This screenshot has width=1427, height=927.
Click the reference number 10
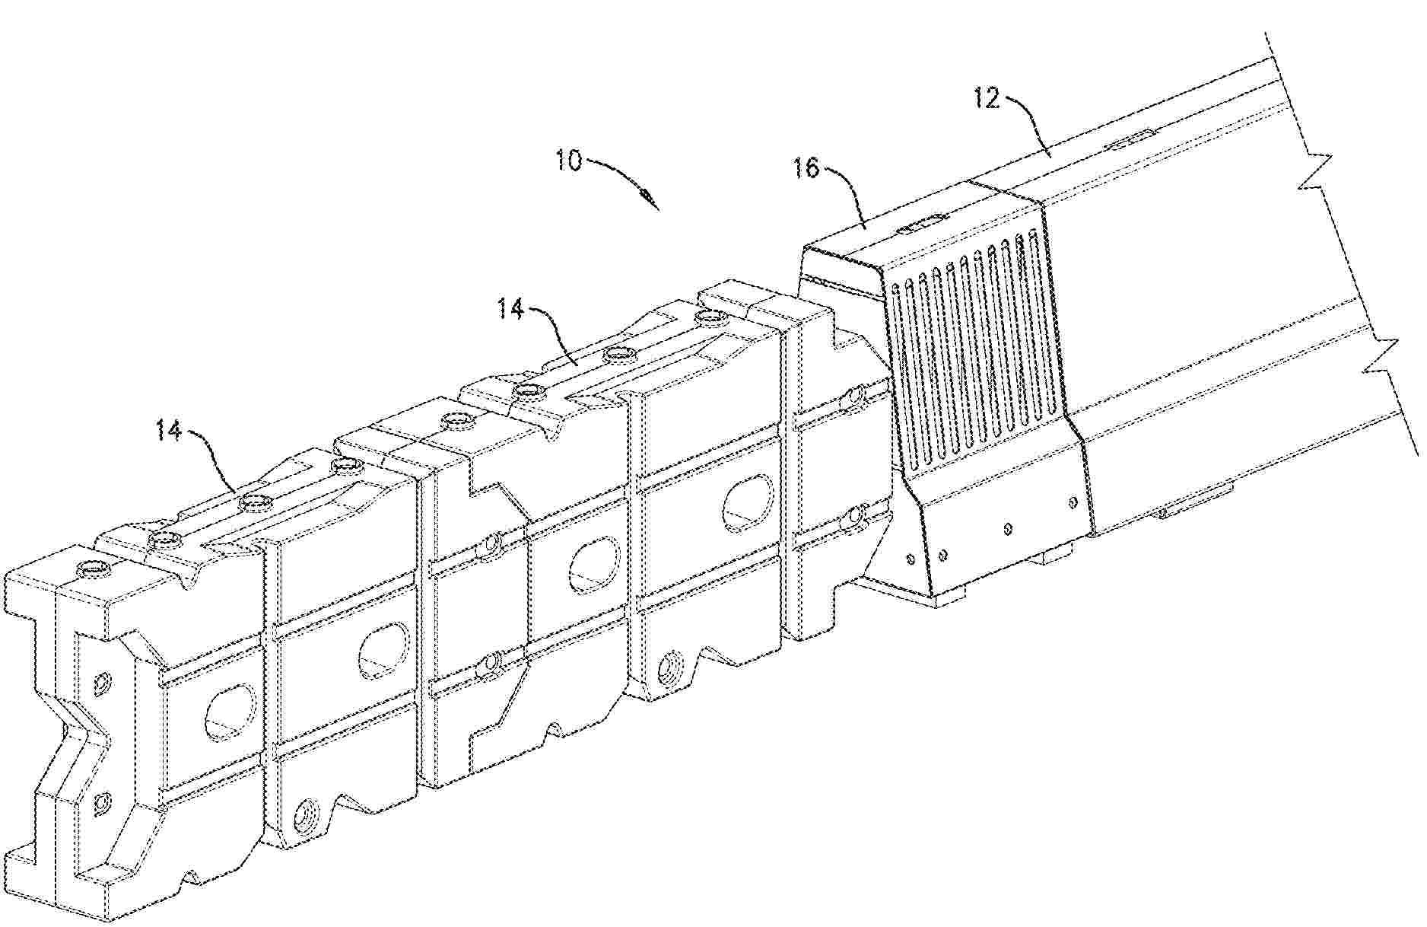(568, 162)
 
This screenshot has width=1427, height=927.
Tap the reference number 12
(987, 99)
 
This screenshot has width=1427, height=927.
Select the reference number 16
(806, 169)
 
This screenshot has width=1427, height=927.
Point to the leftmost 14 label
(170, 432)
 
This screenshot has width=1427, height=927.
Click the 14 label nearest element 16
(512, 311)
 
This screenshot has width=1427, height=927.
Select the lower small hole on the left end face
(102, 801)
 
